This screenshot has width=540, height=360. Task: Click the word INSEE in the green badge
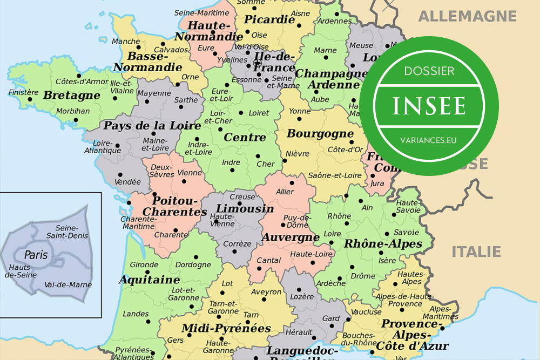click(429, 106)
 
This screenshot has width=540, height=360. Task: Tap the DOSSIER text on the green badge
click(429, 71)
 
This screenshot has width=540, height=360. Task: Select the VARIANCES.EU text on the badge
click(429, 140)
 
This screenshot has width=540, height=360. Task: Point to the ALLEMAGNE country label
click(467, 16)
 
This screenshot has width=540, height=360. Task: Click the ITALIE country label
click(476, 252)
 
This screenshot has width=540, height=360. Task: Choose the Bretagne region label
click(72, 96)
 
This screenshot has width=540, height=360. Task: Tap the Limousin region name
click(245, 209)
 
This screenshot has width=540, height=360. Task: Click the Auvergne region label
click(291, 237)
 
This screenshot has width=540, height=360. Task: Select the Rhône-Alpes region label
click(383, 244)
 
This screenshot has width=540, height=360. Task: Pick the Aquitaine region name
click(149, 280)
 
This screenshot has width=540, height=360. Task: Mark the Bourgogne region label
click(320, 133)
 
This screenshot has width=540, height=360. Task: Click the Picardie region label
click(269, 20)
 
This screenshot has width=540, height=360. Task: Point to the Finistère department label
click(24, 92)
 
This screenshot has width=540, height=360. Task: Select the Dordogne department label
click(193, 264)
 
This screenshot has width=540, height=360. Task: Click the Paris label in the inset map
click(36, 255)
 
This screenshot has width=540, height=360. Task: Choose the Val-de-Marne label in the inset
click(68, 284)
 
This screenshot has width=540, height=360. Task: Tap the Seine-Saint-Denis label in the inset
click(67, 232)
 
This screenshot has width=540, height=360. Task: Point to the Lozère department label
click(302, 296)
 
